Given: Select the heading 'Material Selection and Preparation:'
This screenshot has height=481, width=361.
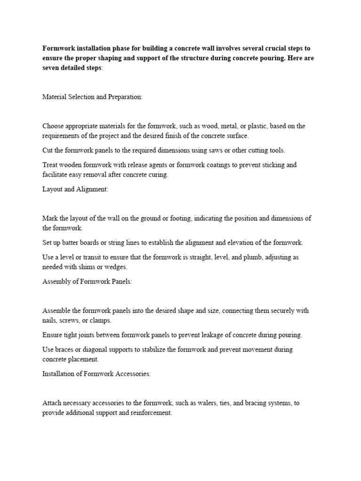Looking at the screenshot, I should tap(92, 97).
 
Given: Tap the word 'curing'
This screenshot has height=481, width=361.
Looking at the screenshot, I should tap(157, 175).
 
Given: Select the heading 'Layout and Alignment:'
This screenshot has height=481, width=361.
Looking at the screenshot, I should tap(75, 189).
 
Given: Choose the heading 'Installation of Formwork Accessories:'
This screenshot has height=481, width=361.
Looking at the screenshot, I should tap(96, 374).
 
